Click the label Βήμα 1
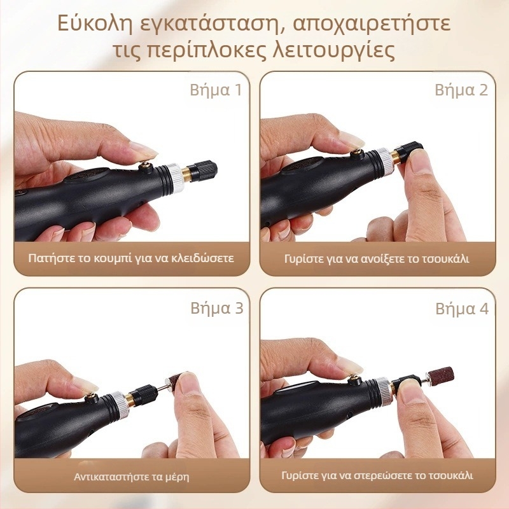[x=216, y=90]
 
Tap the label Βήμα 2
[x=461, y=90]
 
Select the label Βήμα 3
[x=217, y=308]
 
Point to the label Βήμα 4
[x=462, y=309]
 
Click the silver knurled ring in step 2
[x=384, y=160]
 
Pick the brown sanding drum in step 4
[x=440, y=377]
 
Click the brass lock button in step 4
[x=354, y=380]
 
